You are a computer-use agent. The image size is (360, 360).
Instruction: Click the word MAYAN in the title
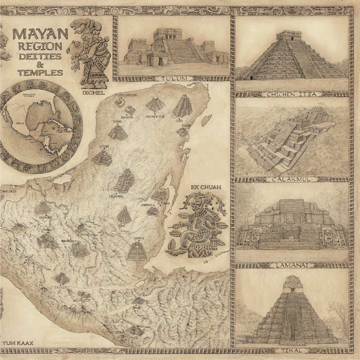pyautogui.click(x=40, y=34)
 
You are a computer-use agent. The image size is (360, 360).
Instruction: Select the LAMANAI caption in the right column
pyautogui.click(x=292, y=265)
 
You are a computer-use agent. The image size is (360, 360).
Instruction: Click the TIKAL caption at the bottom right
pyautogui.click(x=292, y=350)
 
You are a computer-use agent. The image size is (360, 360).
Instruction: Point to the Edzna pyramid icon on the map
pyautogui.click(x=102, y=158)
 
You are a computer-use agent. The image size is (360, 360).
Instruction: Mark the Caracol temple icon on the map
pyautogui.click(x=137, y=250)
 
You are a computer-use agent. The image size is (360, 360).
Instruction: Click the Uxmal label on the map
pyautogui.click(x=118, y=122)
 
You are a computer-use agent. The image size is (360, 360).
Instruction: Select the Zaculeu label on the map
pyautogui.click(x=61, y=287)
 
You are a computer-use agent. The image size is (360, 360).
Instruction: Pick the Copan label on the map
pyautogui.click(x=136, y=307)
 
